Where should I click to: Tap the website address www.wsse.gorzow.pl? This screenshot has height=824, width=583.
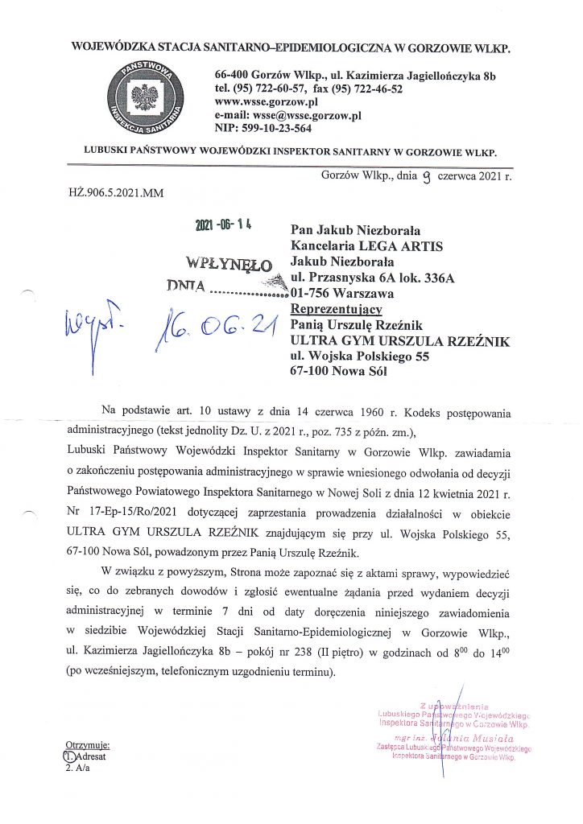point(267,102)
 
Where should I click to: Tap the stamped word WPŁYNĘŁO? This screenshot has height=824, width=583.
point(229,263)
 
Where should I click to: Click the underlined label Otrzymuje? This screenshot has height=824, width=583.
point(86,745)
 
